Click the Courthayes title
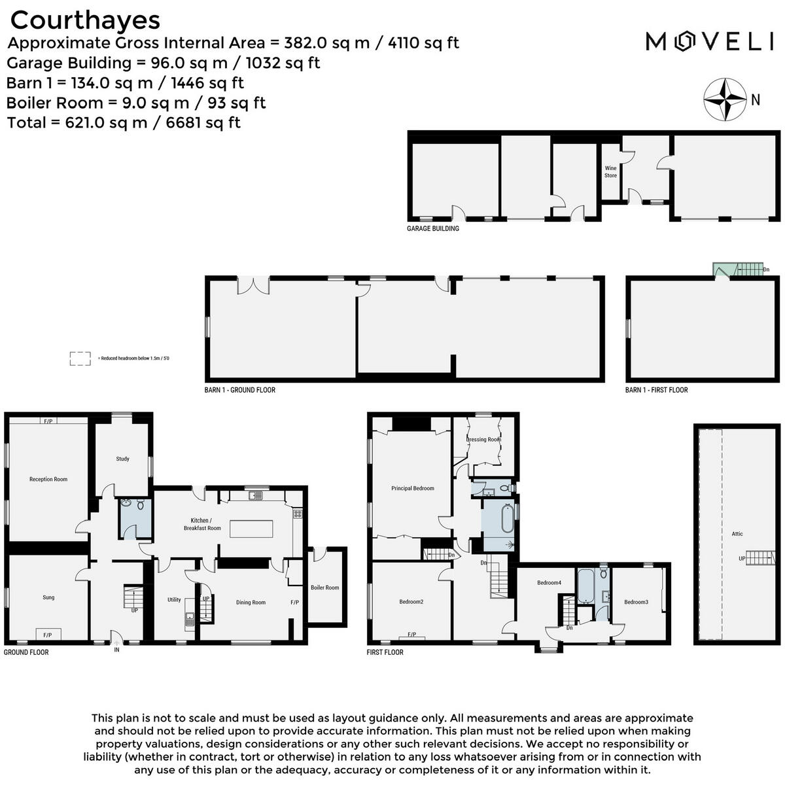pyautogui.click(x=85, y=20)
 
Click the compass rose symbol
pyautogui.click(x=725, y=99)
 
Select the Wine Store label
pyautogui.click(x=610, y=172)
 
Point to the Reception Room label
pyautogui.click(x=48, y=480)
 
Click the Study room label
pyautogui.click(x=122, y=459)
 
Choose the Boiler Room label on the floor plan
pyautogui.click(x=324, y=587)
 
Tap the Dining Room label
pyautogui.click(x=251, y=602)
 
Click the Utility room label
pyautogui.click(x=174, y=600)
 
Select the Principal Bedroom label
pyautogui.click(x=413, y=488)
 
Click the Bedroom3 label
pyautogui.click(x=636, y=602)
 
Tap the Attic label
pyautogui.click(x=737, y=534)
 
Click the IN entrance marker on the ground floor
pyautogui.click(x=116, y=650)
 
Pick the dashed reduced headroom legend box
pyautogui.click(x=80, y=358)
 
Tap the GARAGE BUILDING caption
pyautogui.click(x=433, y=229)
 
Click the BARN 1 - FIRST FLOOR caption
pyautogui.click(x=657, y=390)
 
